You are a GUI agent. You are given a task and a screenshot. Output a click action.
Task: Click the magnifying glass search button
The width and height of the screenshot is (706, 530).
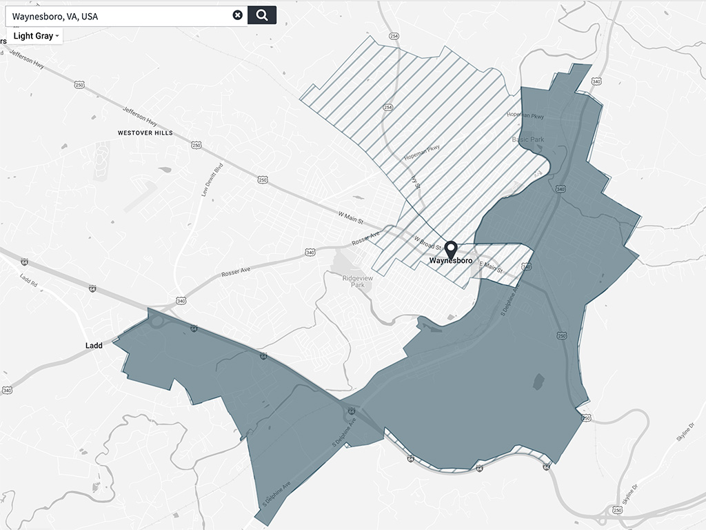[262, 15]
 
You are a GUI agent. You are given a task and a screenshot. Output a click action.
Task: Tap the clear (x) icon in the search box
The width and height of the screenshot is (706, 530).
[237, 15]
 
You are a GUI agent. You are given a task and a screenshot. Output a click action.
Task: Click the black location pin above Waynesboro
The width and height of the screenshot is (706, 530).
[451, 248]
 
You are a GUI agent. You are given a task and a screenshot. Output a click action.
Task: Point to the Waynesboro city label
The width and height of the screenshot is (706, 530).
[451, 262]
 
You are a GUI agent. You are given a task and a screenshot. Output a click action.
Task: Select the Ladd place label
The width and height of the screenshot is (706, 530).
[94, 345]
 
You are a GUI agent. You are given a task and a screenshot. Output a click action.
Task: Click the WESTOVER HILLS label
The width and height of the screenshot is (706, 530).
[145, 132]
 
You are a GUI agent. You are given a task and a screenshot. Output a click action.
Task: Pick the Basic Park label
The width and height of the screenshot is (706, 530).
[528, 139]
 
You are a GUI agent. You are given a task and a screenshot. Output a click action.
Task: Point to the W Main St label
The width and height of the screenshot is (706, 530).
[350, 219]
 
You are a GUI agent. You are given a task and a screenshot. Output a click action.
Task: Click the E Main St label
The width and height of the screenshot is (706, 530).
[492, 264]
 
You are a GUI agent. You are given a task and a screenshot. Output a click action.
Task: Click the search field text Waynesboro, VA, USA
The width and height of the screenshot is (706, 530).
[55, 15]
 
